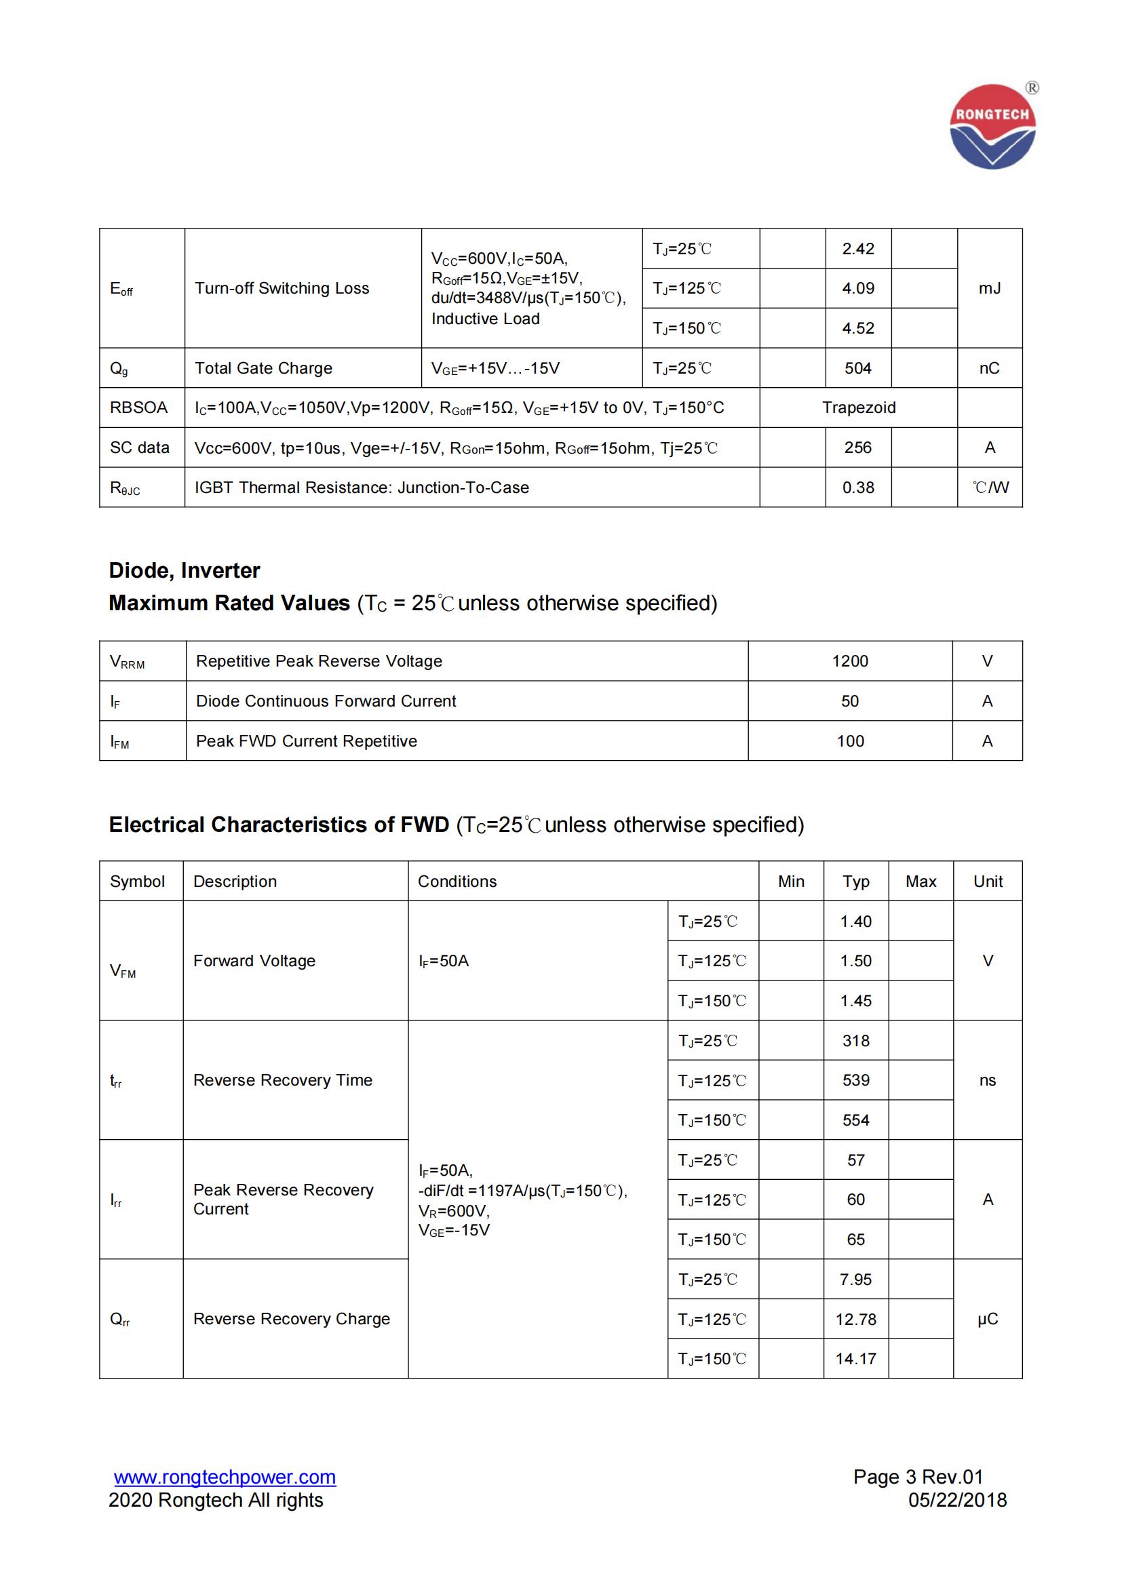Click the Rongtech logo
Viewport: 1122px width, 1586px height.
coord(992,126)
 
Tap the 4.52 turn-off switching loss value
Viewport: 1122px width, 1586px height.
coord(858,328)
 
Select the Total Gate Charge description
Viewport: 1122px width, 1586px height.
coord(263,368)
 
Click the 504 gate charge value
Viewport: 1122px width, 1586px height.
coord(858,368)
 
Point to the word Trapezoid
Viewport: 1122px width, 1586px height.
coord(859,408)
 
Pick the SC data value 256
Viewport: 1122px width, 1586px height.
coord(858,448)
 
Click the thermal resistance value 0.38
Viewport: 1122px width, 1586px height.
coord(858,488)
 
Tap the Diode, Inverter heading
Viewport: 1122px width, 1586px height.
coord(185,570)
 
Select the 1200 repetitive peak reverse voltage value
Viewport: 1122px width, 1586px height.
coord(850,661)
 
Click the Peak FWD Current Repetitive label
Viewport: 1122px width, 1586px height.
coord(307,741)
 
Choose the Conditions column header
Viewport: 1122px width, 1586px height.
coord(457,881)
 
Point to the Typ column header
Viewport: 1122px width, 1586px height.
coord(856,881)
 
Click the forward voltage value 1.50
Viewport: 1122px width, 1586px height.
coord(856,961)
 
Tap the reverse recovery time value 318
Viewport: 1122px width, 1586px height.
coord(856,1041)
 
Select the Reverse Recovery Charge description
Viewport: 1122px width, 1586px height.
coord(292,1319)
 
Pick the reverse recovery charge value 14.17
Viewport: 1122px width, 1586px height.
coord(856,1359)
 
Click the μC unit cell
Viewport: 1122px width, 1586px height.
coord(988,1319)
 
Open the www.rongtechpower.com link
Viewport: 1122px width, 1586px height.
coord(225,1477)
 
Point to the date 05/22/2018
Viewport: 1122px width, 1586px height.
coord(958,1500)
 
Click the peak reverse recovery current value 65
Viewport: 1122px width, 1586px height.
coord(856,1240)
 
